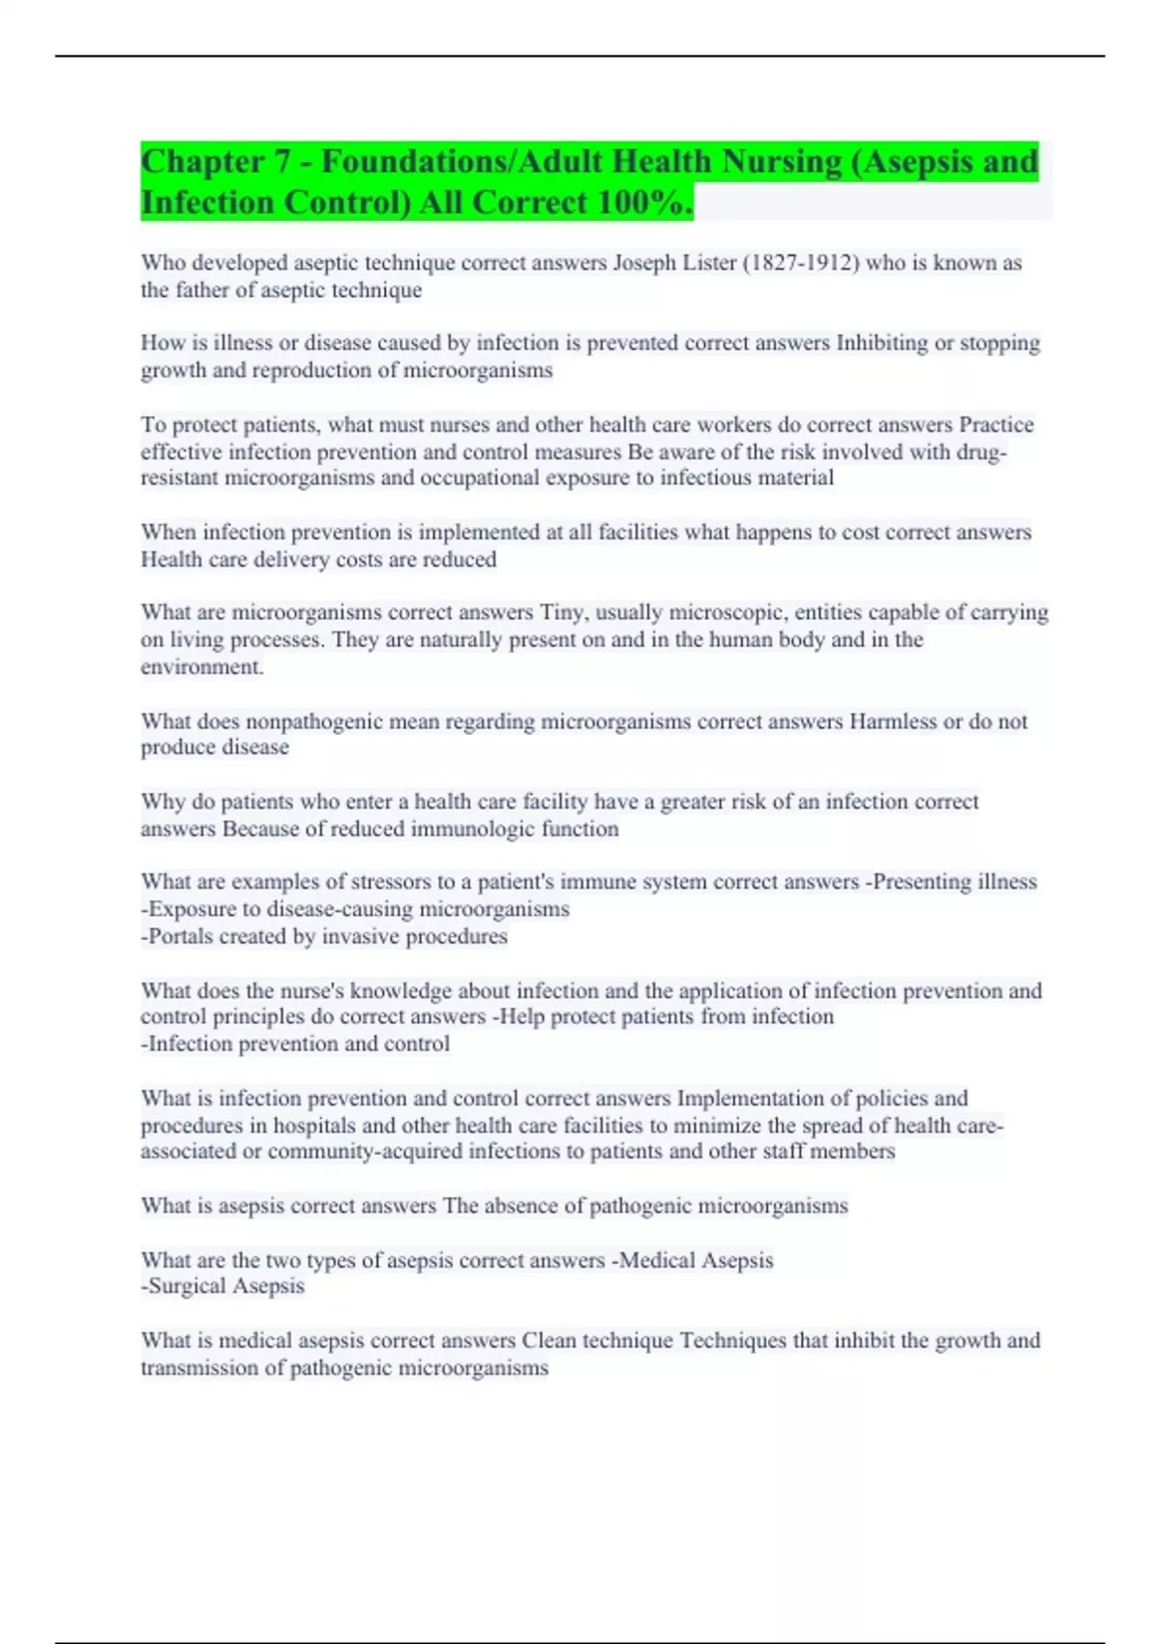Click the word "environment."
point(202,666)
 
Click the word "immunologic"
point(473,829)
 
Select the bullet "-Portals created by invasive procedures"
point(324,936)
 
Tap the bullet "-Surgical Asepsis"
point(223,1286)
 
